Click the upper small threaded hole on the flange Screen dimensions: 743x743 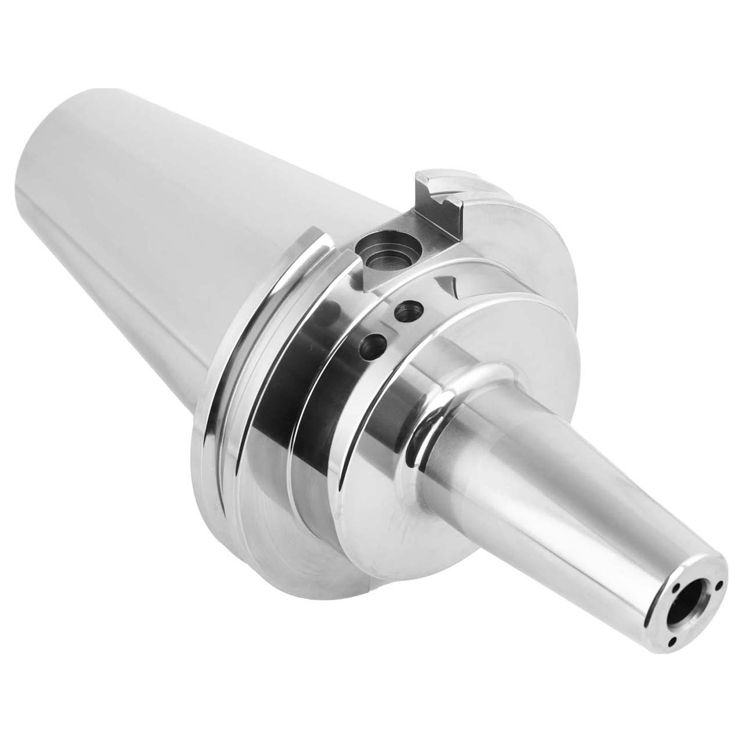pyautogui.click(x=405, y=311)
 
